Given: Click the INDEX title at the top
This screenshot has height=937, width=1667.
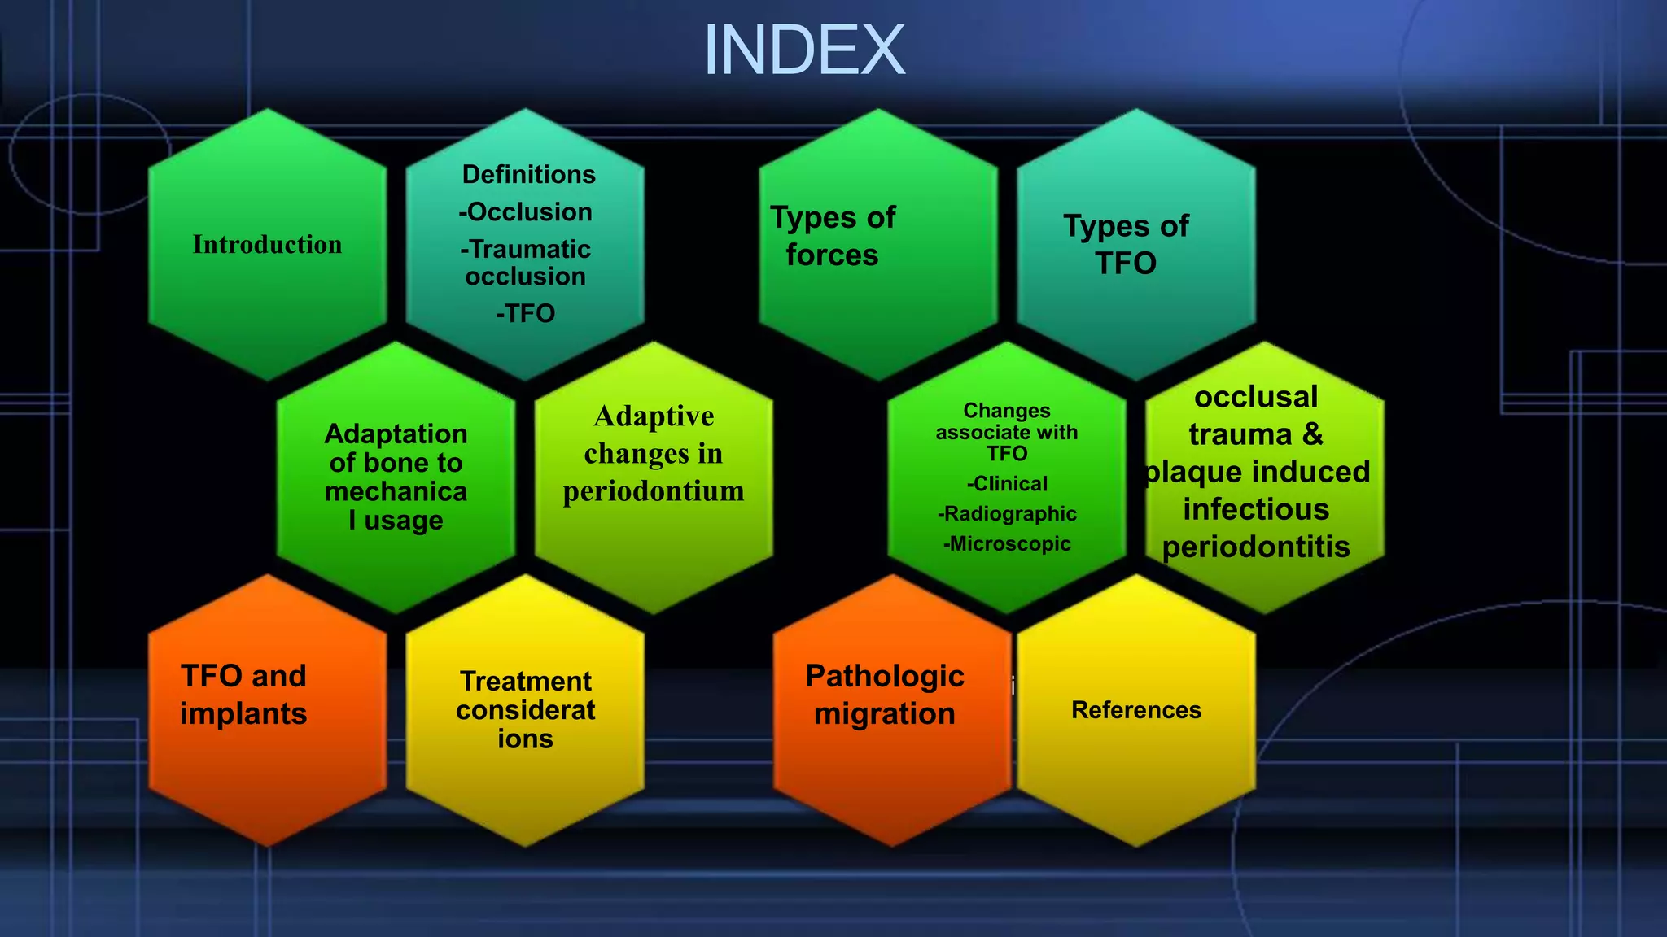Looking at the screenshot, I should (x=803, y=50).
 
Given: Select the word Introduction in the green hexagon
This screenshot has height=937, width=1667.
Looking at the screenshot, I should (x=267, y=244).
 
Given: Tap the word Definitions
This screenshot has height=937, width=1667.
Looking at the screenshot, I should (x=528, y=174).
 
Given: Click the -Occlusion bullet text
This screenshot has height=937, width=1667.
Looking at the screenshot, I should (x=526, y=211).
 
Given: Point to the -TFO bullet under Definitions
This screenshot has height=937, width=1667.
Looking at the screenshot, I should (x=525, y=313).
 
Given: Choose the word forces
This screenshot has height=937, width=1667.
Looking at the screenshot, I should (x=832, y=255).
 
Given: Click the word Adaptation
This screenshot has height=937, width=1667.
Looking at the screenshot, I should (x=396, y=434).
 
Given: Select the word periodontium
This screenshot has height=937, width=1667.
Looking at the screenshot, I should (x=653, y=491).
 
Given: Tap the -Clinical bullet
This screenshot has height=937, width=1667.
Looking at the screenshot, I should (x=1007, y=484).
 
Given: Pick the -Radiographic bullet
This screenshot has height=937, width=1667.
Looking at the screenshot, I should (x=1007, y=514).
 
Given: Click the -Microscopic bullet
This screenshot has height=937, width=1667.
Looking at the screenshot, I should (x=1007, y=544).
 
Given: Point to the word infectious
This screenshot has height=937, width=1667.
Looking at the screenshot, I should (x=1256, y=510).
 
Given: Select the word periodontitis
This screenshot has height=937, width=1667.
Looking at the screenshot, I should (x=1256, y=547).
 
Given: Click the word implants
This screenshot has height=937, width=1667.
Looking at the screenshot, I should (x=243, y=714).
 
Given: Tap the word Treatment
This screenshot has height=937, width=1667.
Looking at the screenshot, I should (x=526, y=681).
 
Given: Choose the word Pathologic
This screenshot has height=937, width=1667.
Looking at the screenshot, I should (x=885, y=676).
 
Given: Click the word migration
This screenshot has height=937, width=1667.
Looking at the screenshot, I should (x=885, y=714).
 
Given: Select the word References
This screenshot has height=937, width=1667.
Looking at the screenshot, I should (x=1136, y=710).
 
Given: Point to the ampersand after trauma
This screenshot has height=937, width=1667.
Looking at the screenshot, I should (x=1312, y=434).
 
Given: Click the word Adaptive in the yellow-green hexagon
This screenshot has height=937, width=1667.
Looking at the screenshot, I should (x=654, y=416).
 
